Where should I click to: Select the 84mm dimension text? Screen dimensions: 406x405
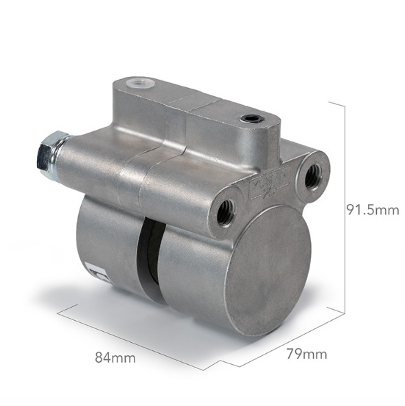point(115,357)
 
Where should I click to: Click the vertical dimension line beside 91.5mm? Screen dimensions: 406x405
point(343,206)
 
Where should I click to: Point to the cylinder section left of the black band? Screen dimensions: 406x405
point(110,244)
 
